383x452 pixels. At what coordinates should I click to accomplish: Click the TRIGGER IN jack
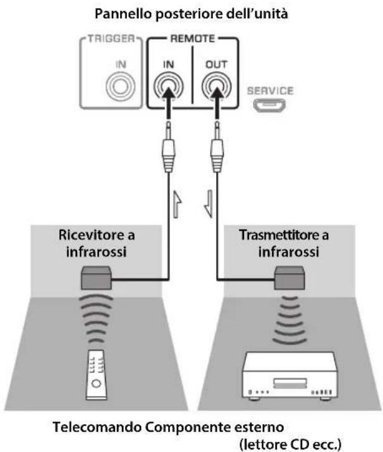pyautogui.click(x=121, y=87)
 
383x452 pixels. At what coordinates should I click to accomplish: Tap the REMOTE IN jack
pyautogui.click(x=168, y=87)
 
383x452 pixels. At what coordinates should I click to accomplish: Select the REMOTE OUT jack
pyautogui.click(x=216, y=87)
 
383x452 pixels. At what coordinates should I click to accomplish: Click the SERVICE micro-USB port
pyautogui.click(x=269, y=105)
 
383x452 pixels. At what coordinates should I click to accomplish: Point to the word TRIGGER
pyautogui.click(x=111, y=39)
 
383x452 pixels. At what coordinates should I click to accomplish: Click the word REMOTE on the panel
pyautogui.click(x=193, y=39)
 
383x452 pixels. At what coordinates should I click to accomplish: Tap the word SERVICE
pyautogui.click(x=271, y=91)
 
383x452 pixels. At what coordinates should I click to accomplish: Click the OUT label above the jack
pyautogui.click(x=216, y=64)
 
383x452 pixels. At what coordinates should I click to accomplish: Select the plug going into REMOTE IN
pyautogui.click(x=168, y=147)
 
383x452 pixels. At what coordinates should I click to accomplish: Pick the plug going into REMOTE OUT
pyautogui.click(x=217, y=147)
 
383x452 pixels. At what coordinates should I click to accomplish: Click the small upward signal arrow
pyautogui.click(x=177, y=204)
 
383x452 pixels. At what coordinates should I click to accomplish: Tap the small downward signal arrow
pyautogui.click(x=209, y=204)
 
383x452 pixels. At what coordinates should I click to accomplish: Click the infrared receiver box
pyautogui.click(x=96, y=278)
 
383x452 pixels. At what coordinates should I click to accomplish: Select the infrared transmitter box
pyautogui.click(x=289, y=278)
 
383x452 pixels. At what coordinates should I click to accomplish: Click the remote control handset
pyautogui.click(x=97, y=375)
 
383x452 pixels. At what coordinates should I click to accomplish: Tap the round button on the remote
pyautogui.click(x=96, y=383)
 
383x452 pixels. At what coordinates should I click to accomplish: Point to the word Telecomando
pyautogui.click(x=97, y=427)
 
